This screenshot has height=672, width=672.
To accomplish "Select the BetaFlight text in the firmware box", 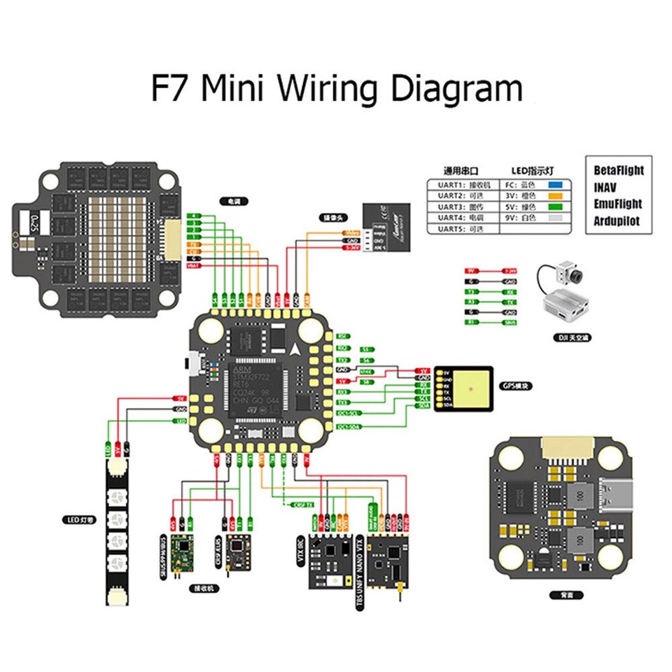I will coord(618,170).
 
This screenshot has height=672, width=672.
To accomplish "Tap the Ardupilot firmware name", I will coord(617,221).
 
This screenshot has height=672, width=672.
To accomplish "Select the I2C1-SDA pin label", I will coord(348,426).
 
